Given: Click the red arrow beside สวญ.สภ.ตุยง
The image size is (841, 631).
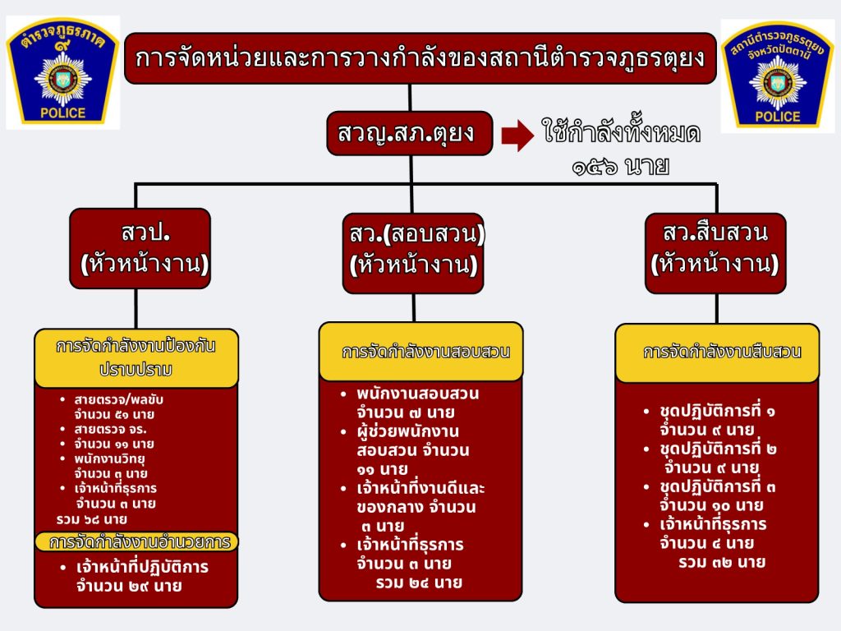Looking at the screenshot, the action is [517, 136].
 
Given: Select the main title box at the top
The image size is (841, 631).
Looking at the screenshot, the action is [420, 58].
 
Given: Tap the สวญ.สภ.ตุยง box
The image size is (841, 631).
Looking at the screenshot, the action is [410, 133].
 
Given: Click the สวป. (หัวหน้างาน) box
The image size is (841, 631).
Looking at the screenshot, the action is [140, 248].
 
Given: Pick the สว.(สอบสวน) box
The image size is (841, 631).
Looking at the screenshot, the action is [413, 253].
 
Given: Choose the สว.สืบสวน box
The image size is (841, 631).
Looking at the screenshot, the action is [715, 253].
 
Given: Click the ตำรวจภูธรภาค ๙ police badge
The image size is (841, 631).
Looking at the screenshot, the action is [62, 72].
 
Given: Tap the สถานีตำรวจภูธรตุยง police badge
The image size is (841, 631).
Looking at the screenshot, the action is [777, 76].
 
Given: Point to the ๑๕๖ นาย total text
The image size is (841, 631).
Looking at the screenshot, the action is [621, 167].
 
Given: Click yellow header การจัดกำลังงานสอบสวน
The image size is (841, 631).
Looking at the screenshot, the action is [421, 352].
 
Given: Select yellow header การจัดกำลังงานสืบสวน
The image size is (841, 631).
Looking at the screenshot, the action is [717, 352].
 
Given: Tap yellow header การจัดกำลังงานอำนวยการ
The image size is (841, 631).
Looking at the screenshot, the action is [137, 542].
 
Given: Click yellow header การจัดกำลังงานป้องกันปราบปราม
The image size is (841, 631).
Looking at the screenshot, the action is [136, 358].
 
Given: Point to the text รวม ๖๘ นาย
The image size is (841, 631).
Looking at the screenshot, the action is [92, 519].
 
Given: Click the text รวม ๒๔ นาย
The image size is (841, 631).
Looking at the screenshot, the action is [419, 583].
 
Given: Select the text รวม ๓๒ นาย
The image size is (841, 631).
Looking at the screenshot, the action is [722, 562].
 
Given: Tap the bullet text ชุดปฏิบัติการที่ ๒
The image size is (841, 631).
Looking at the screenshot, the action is [718, 449].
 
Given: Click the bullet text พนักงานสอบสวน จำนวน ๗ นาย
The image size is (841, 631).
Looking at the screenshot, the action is [418, 403].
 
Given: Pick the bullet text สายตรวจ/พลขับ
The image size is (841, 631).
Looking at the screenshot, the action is [118, 400].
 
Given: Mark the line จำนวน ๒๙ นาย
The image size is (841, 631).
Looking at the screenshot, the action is [129, 586].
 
